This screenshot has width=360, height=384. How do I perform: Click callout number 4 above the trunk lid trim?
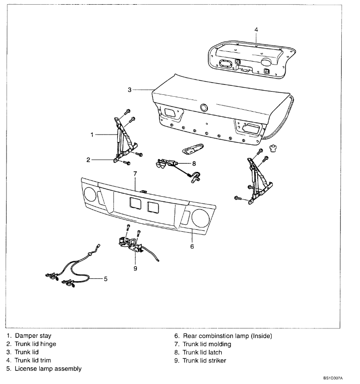click(x=256, y=29)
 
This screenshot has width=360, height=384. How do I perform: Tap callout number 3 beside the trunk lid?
click(x=129, y=90)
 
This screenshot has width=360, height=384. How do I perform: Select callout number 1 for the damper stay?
click(x=92, y=135)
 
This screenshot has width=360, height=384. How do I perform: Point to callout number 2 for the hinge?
click(x=88, y=160)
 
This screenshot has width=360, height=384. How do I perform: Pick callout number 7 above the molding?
click(x=134, y=174)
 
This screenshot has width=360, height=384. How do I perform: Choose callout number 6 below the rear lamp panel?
click(x=192, y=246)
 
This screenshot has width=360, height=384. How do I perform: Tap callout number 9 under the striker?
click(x=135, y=269)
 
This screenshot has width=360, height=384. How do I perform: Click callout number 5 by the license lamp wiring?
click(x=106, y=279)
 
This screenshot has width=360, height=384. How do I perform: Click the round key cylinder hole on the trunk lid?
click(x=204, y=108)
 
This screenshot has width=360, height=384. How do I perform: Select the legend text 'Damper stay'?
click(x=33, y=335)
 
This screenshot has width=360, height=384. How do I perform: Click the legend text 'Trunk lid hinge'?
click(x=38, y=344)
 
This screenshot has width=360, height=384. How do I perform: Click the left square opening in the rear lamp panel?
click(x=134, y=203)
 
